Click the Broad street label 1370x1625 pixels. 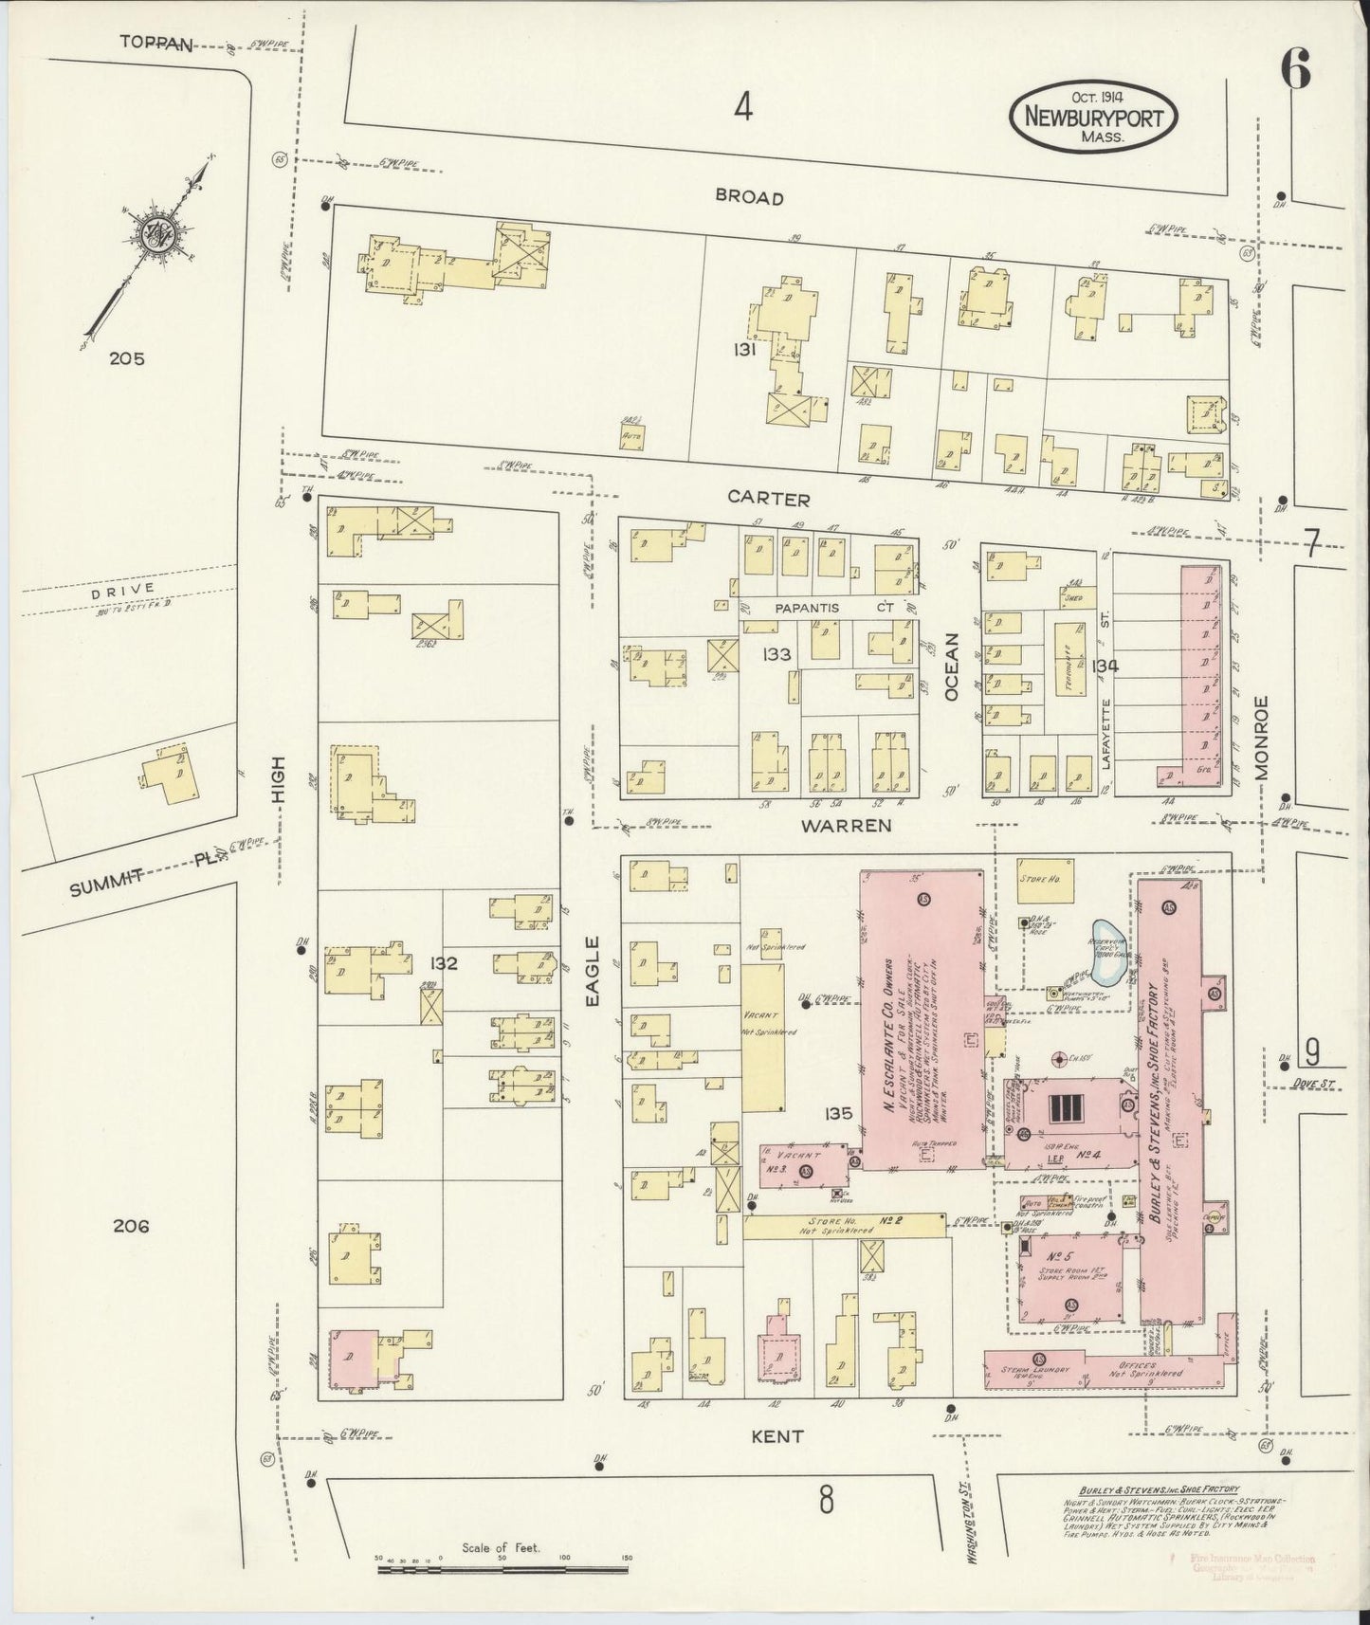click(749, 198)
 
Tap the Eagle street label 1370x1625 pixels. click(593, 970)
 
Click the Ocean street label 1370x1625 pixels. click(951, 666)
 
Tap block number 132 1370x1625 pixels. click(443, 963)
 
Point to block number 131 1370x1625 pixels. click(744, 350)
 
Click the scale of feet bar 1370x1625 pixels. click(501, 1570)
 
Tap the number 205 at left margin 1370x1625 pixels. click(126, 358)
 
